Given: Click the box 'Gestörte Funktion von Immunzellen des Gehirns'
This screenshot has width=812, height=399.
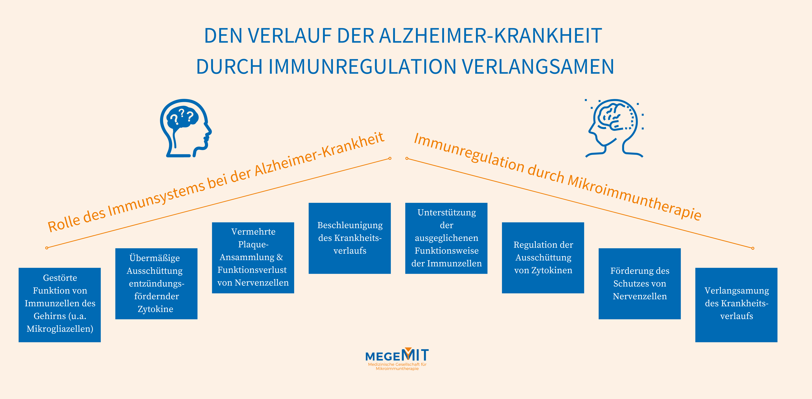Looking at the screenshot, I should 60,305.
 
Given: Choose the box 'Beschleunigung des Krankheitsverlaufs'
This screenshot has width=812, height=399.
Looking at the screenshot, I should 350,238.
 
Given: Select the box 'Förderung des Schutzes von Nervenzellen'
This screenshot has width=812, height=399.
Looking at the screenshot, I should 640,284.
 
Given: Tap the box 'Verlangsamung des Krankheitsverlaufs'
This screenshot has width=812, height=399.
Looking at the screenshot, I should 736,305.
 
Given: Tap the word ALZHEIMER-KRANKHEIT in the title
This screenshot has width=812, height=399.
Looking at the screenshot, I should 490,36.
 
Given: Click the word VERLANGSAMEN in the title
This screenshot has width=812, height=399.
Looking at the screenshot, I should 538,67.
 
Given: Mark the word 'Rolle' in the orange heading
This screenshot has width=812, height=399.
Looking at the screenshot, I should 64,224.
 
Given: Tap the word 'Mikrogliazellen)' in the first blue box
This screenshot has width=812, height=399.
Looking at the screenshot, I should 60,329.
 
